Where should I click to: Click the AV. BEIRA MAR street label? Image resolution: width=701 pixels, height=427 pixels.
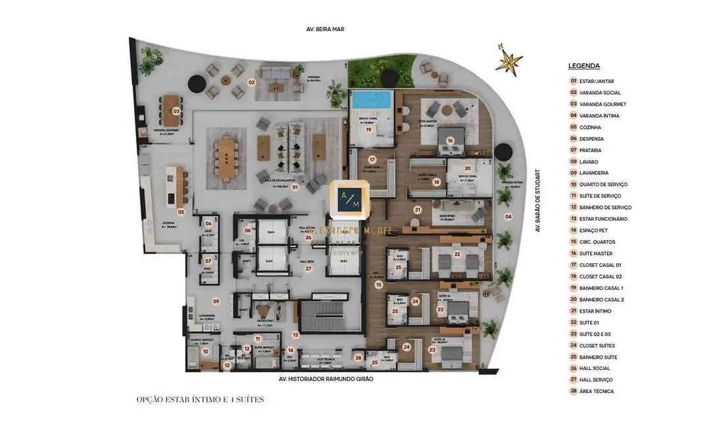325,30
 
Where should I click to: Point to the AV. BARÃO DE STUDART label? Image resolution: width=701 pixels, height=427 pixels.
537,201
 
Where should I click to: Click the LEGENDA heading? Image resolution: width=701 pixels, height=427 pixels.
583,66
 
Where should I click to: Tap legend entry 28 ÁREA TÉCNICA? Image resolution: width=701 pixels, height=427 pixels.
595,392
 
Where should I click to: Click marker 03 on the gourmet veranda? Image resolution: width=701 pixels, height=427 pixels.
176,111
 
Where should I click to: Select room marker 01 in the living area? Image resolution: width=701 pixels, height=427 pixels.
295,187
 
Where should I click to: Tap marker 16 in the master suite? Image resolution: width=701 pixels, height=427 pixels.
450,140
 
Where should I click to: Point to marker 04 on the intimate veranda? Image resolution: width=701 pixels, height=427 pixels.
508,216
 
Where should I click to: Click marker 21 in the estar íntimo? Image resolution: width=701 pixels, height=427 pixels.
417,210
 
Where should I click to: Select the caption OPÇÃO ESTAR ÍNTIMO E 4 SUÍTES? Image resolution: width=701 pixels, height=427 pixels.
200,399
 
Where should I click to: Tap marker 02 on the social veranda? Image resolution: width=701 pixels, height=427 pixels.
251,83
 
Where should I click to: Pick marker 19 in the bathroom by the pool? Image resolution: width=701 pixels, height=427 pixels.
369,130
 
